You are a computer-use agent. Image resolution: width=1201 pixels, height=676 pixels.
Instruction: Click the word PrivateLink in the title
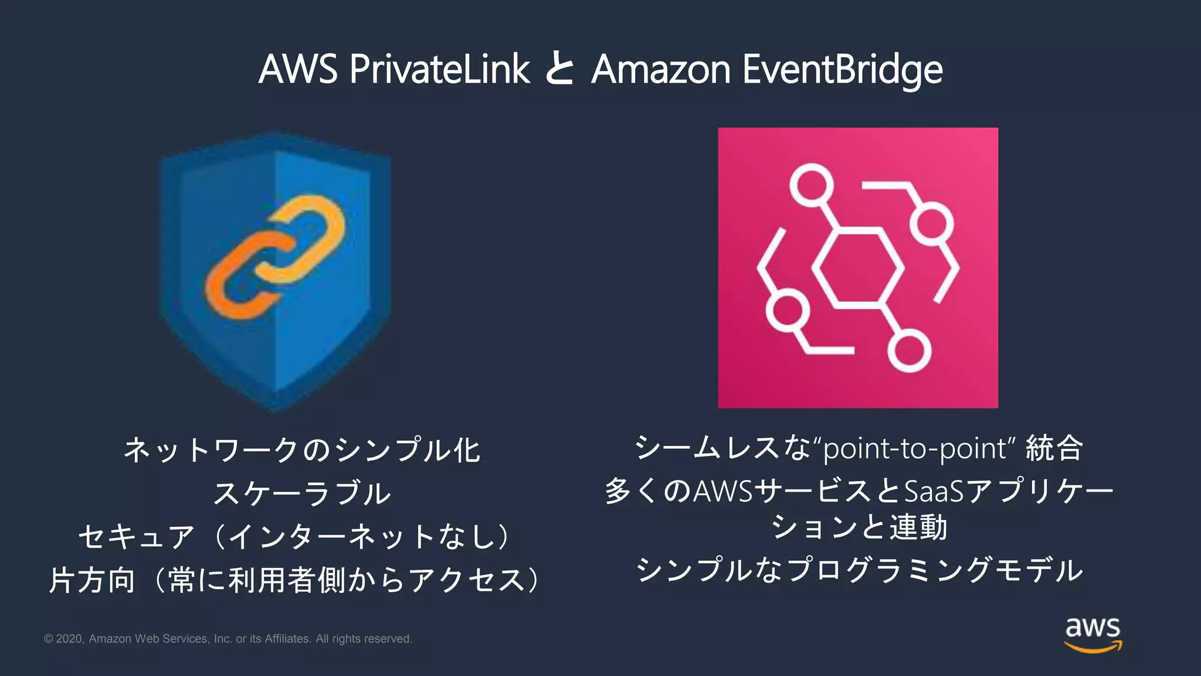coord(439,69)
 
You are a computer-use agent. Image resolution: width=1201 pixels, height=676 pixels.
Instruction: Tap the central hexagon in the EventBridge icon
coord(857,268)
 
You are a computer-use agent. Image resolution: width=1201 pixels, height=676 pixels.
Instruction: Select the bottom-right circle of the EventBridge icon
coord(909,350)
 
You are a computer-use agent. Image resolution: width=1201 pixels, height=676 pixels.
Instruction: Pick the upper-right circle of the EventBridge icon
coord(931,224)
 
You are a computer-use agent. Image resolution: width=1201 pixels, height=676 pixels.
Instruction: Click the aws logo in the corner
coord(1093,634)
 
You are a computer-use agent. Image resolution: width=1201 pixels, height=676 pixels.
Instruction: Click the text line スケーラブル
coord(301,493)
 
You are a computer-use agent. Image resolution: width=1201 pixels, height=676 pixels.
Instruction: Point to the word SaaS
coord(934,491)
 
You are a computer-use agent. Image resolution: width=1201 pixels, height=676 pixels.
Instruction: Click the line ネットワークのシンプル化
coord(301,450)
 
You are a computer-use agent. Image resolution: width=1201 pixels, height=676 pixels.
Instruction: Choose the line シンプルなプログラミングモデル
coord(859,569)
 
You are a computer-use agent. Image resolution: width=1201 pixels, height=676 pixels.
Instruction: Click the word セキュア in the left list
coord(136,536)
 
